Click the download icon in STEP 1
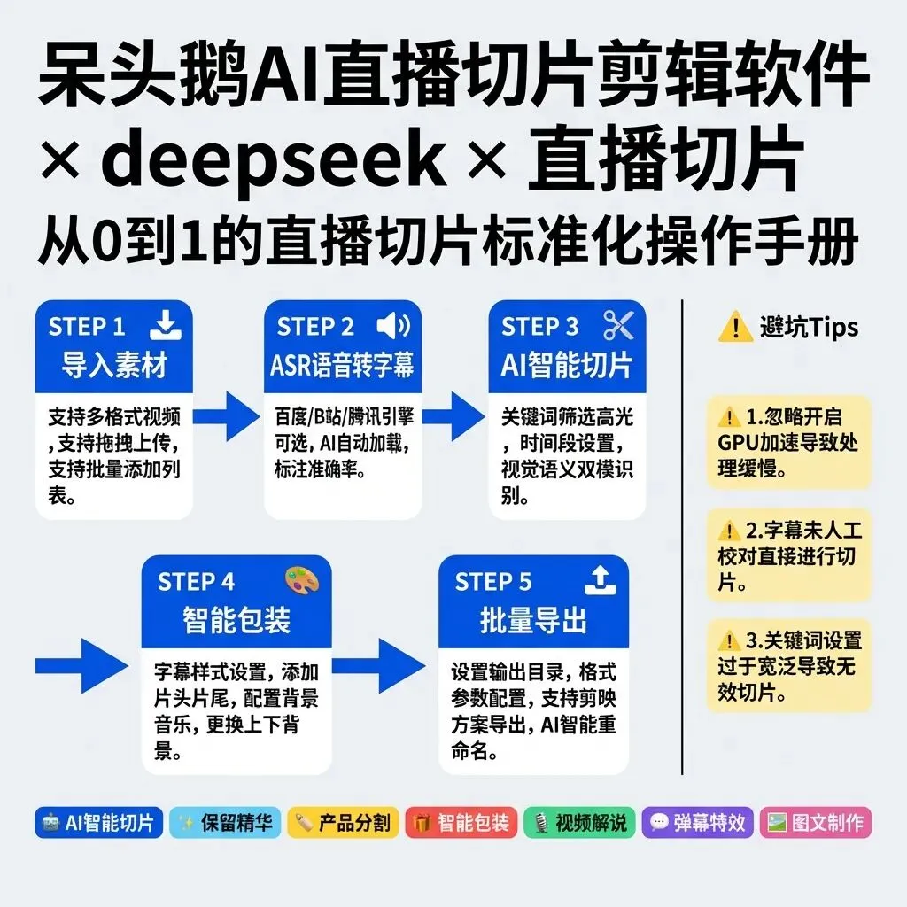pos(165,326)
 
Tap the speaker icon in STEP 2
pos(393,326)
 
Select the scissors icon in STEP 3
pos(618,326)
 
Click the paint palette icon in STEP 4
pos(301,581)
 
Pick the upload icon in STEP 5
pos(601,581)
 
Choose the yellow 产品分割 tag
pos(343,822)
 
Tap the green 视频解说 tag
pos(579,822)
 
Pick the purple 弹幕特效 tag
pos(699,822)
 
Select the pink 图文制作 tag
pos(816,822)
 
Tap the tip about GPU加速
pos(788,442)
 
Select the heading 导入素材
pos(114,365)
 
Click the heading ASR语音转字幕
pos(342,365)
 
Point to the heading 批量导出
pos(533,620)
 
